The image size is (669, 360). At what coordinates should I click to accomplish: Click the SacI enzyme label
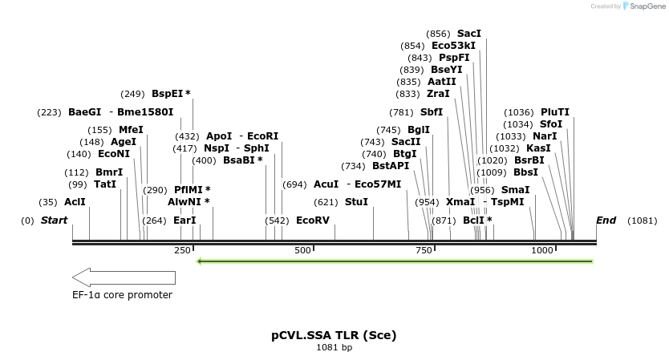click(469, 34)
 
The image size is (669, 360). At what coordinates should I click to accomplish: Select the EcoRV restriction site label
click(313, 220)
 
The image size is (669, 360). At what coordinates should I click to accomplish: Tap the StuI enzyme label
click(356, 202)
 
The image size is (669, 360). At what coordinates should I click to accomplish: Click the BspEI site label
click(168, 94)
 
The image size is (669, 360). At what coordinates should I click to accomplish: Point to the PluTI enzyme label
click(555, 112)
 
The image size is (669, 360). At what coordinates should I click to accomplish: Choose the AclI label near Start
click(75, 202)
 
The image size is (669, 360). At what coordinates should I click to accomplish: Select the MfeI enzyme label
click(131, 130)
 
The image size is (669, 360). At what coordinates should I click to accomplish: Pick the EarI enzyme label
click(184, 220)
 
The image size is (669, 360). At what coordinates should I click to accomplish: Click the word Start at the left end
click(54, 220)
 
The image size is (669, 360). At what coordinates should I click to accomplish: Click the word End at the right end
click(606, 220)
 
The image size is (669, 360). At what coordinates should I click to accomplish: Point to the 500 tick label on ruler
click(302, 251)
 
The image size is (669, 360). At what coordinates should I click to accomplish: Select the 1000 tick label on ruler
click(542, 251)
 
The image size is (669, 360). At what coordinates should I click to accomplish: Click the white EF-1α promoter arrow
click(124, 277)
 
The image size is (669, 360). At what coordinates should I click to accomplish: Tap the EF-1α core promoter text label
click(122, 295)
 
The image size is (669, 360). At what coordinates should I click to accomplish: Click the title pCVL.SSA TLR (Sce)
click(334, 334)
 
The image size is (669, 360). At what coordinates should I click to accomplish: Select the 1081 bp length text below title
click(334, 348)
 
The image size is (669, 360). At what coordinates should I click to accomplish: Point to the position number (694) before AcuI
click(294, 184)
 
